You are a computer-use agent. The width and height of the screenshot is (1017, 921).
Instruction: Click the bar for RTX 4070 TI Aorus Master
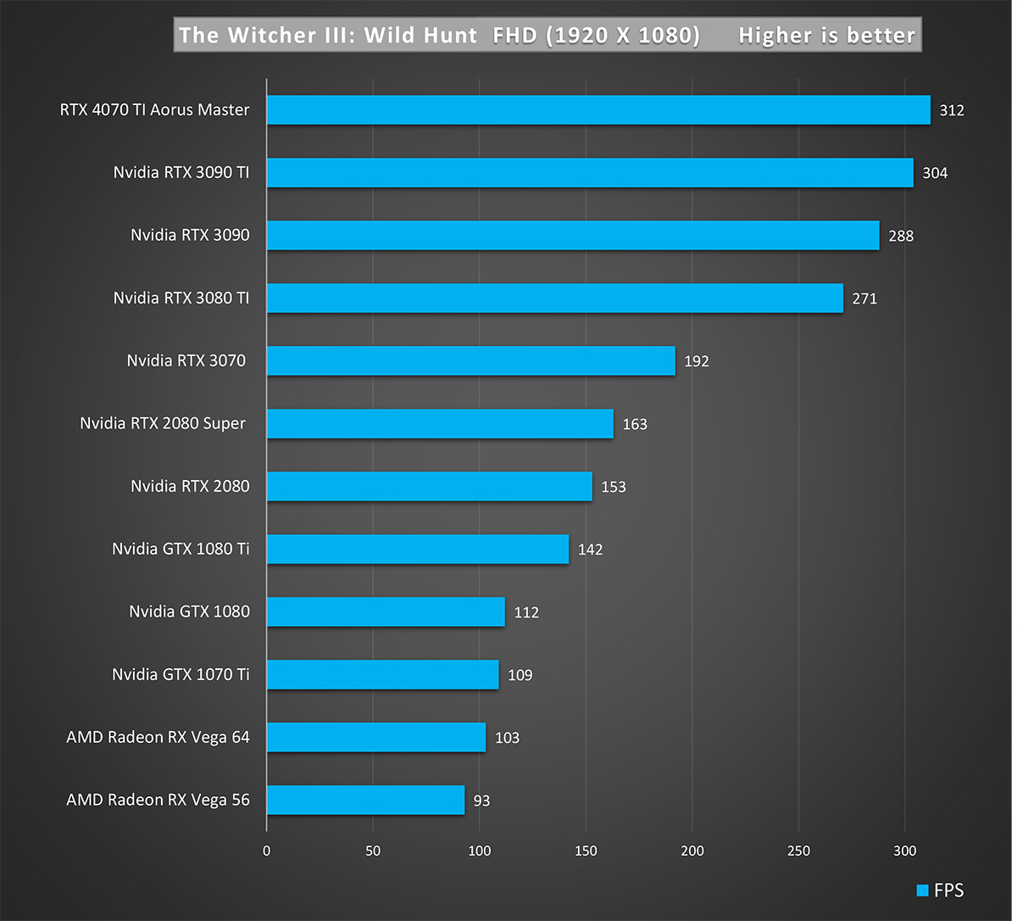pos(598,110)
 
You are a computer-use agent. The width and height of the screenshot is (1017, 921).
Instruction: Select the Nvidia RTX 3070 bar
pos(470,361)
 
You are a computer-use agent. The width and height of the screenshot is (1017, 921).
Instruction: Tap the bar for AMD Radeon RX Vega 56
pos(365,800)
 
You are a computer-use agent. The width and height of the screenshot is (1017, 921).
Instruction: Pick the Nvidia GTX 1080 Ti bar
pos(417,549)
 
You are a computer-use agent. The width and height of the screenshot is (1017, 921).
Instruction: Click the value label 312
pos(952,110)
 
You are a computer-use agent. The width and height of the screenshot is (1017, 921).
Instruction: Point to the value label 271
pos(864,299)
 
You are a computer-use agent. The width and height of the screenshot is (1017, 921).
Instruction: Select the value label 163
pos(635,424)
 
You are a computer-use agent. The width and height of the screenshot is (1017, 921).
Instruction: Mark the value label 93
pos(482,800)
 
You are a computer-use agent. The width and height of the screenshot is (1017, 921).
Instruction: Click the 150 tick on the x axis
pos(586,851)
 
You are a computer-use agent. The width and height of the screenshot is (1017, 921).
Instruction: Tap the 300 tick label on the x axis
pos(905,851)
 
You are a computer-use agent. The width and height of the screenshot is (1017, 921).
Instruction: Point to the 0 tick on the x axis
pos(267,851)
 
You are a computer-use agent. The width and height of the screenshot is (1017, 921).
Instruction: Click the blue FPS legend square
pos(922,890)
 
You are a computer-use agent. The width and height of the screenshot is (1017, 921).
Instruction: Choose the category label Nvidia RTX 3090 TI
pos(181,173)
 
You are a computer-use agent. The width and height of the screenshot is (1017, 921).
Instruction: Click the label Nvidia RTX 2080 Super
pos(163,423)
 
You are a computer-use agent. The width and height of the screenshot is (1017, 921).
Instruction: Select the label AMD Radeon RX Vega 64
pos(158,737)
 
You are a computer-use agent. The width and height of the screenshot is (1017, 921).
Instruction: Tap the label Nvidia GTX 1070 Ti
pos(181,675)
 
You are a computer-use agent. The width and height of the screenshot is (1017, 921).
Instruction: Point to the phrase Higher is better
pos(826,36)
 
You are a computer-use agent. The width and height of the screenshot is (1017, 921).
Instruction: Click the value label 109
pos(520,675)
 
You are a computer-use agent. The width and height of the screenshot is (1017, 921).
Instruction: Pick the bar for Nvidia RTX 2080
pos(429,487)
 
